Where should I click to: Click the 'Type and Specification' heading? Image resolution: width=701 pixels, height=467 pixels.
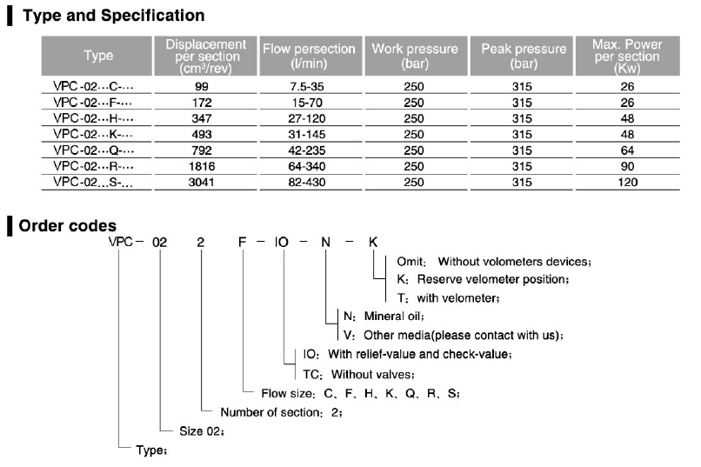pyautogui.click(x=112, y=16)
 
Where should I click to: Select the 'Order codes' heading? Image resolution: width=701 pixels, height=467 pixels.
pyautogui.click(x=68, y=225)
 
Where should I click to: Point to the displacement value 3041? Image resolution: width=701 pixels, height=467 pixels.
pyautogui.click(x=201, y=182)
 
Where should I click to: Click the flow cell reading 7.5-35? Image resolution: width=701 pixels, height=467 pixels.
pyautogui.click(x=309, y=88)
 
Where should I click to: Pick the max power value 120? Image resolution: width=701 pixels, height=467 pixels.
pyautogui.click(x=628, y=182)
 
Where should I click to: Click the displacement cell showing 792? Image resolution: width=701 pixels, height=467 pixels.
pyautogui.click(x=201, y=150)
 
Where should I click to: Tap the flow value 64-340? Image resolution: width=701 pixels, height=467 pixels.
pyautogui.click(x=309, y=166)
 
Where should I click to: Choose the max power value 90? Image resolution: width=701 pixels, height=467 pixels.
pyautogui.click(x=628, y=166)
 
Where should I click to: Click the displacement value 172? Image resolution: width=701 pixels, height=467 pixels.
pyautogui.click(x=201, y=103)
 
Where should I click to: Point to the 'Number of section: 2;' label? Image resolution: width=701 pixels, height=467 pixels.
pyautogui.click(x=281, y=412)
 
